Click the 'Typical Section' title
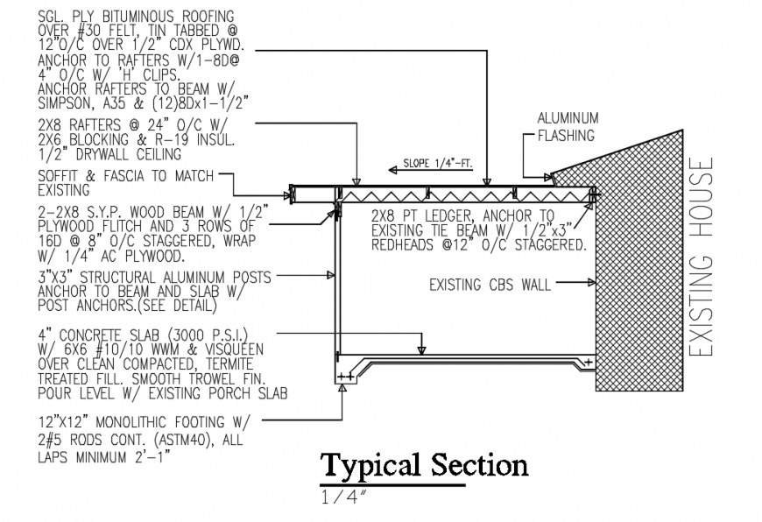[424, 465]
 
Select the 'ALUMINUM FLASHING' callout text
[567, 127]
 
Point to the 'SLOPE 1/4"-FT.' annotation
[437, 163]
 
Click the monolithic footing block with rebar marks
[347, 374]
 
